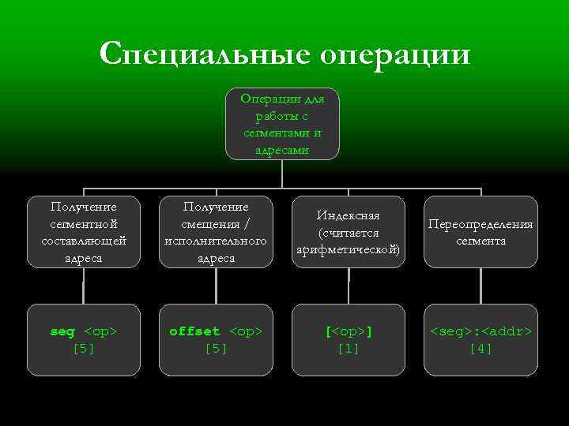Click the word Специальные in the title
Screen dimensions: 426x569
click(202, 54)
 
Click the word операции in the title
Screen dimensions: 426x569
click(394, 54)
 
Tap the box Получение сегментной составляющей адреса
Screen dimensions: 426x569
click(83, 232)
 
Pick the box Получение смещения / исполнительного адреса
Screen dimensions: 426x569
click(215, 232)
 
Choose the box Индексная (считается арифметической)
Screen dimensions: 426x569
click(348, 232)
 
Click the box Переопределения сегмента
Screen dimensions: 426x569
click(480, 232)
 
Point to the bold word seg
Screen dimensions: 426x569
click(62, 331)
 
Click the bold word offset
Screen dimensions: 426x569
click(194, 331)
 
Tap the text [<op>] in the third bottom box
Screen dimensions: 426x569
click(348, 331)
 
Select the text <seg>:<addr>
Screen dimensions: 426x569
click(480, 331)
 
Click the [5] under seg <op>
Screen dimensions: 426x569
click(83, 348)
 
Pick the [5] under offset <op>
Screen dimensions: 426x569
click(215, 348)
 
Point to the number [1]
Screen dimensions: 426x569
click(348, 348)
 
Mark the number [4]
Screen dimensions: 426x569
click(480, 348)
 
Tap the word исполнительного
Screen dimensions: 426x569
click(215, 241)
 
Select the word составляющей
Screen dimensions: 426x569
click(83, 241)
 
